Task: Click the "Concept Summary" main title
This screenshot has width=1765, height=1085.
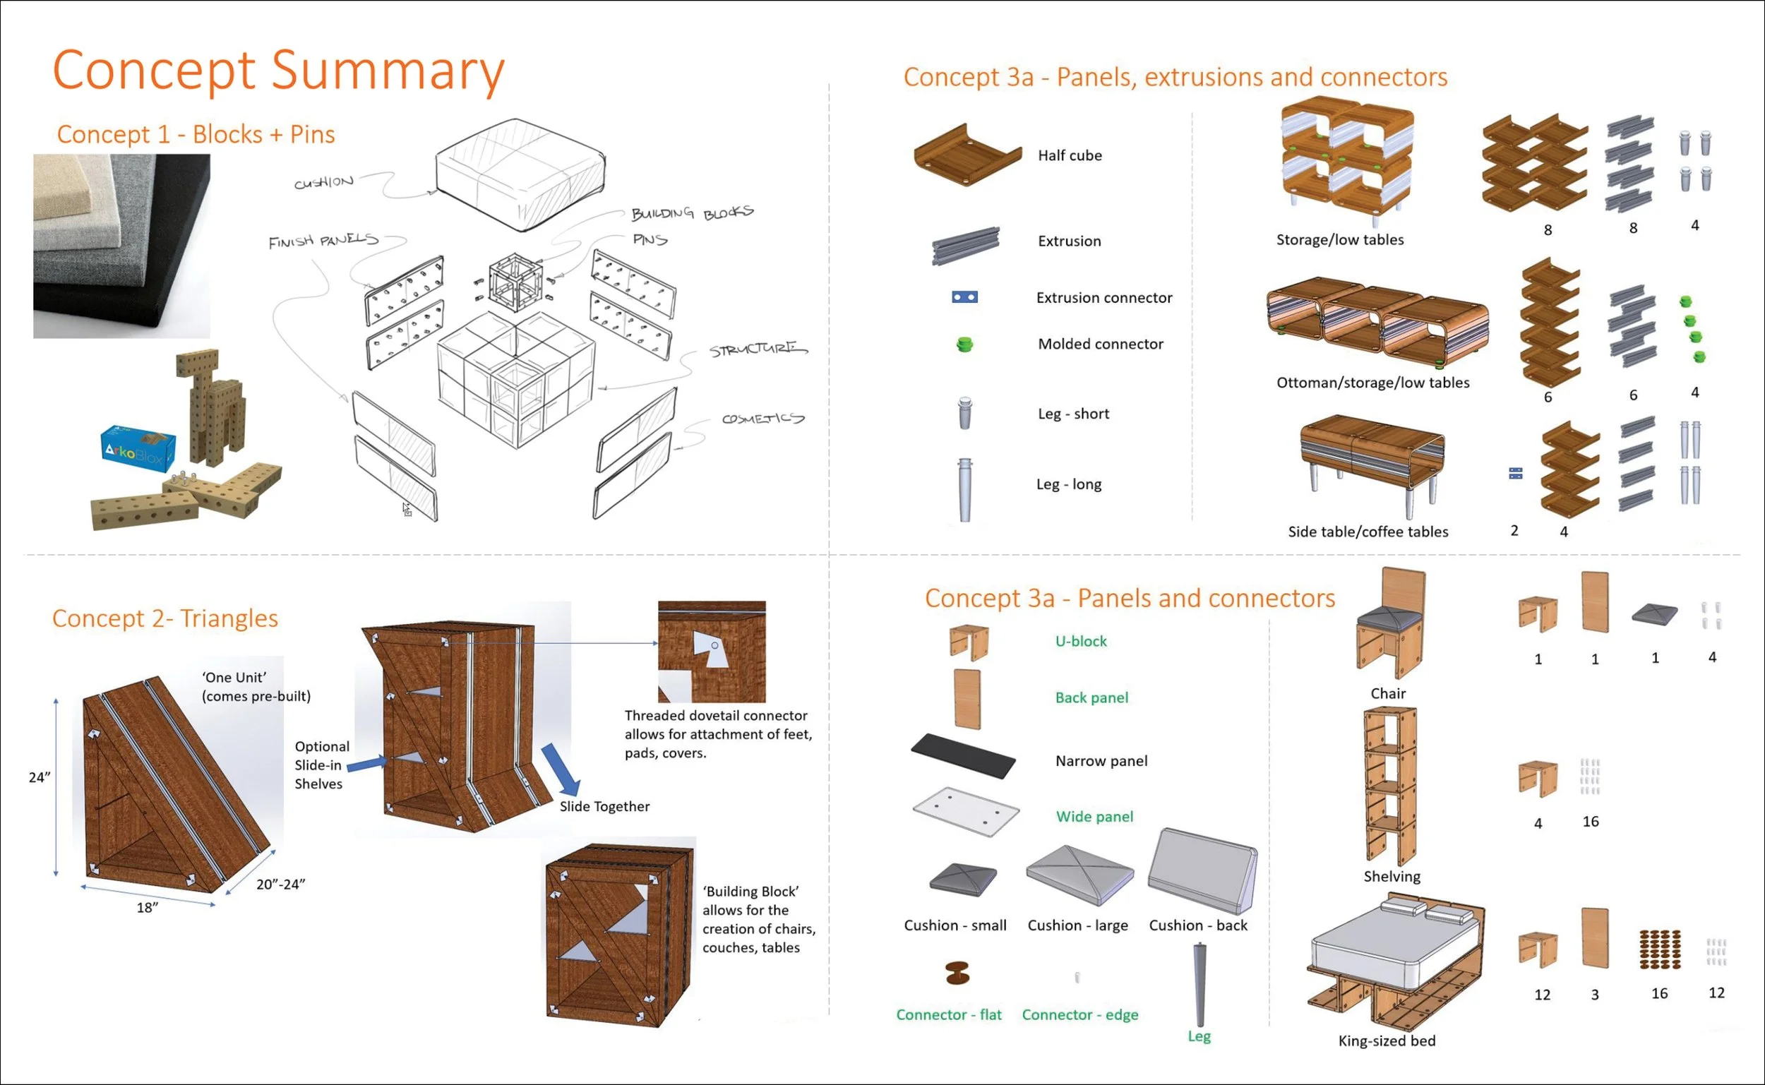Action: click(x=278, y=71)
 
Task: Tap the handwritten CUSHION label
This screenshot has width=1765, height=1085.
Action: click(x=323, y=182)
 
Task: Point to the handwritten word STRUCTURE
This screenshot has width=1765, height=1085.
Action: click(x=758, y=349)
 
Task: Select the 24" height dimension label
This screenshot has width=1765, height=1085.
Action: click(x=40, y=777)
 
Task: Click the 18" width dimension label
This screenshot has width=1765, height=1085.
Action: click(x=147, y=908)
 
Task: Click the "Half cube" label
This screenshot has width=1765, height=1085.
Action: click(x=1069, y=156)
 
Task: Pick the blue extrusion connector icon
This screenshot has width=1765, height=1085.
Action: click(x=964, y=297)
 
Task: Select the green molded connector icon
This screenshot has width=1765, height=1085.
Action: click(x=964, y=344)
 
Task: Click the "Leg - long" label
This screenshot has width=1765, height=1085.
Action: click(x=1068, y=484)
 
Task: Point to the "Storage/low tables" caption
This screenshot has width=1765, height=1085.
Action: click(x=1339, y=240)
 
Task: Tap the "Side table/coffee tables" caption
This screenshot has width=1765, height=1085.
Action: click(x=1368, y=532)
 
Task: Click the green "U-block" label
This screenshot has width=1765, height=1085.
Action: click(x=1080, y=642)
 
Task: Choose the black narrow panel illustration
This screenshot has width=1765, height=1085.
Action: click(x=964, y=755)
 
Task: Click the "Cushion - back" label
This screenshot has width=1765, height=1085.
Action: click(x=1197, y=925)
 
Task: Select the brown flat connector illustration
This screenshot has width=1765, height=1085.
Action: click(x=957, y=973)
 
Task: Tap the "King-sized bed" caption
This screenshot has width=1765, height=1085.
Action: click(x=1386, y=1041)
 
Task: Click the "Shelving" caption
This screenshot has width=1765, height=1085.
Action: click(x=1392, y=877)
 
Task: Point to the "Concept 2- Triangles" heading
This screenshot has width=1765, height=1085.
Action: click(x=165, y=618)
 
